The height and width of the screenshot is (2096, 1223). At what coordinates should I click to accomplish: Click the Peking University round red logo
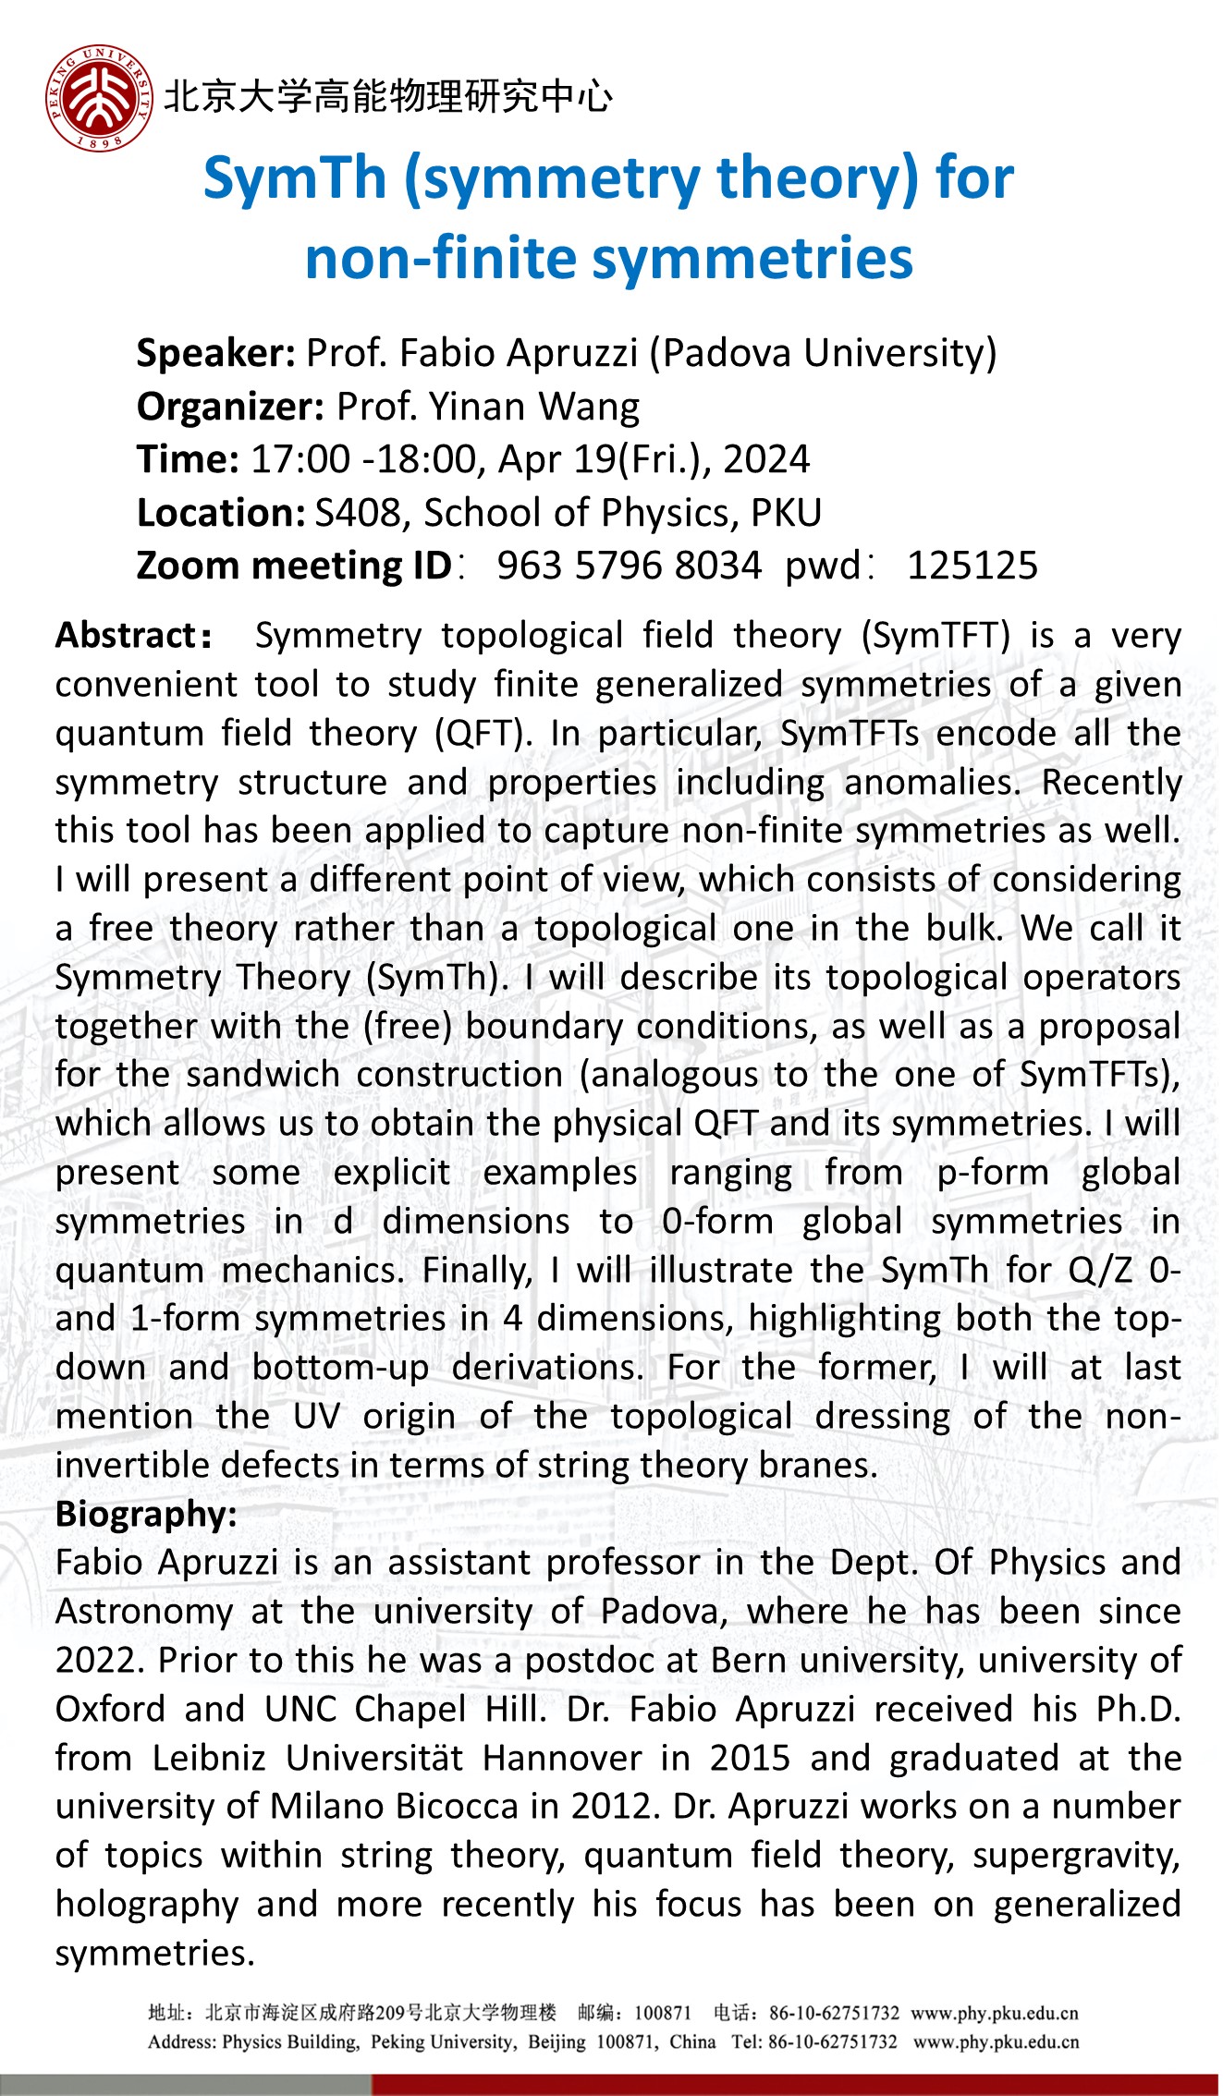pos(99,99)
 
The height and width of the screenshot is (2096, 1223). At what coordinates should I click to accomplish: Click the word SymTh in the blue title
pos(294,178)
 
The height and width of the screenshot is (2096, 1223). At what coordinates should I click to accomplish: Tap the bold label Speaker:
pos(215,353)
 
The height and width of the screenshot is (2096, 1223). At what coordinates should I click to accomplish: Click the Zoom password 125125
pos(972,566)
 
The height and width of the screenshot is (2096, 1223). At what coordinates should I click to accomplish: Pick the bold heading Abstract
pos(126,636)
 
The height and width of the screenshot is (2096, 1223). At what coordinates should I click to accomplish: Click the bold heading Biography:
pos(146,1515)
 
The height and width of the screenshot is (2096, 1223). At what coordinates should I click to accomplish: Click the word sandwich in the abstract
pos(262,1075)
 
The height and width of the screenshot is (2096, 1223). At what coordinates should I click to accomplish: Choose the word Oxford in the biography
pos(110,1710)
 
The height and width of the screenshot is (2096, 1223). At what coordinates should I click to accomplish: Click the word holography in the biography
pos(146,1905)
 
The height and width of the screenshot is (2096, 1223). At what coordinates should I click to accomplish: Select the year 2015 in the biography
pos(750,1759)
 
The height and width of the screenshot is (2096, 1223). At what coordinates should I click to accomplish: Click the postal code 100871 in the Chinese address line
pos(663,2013)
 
